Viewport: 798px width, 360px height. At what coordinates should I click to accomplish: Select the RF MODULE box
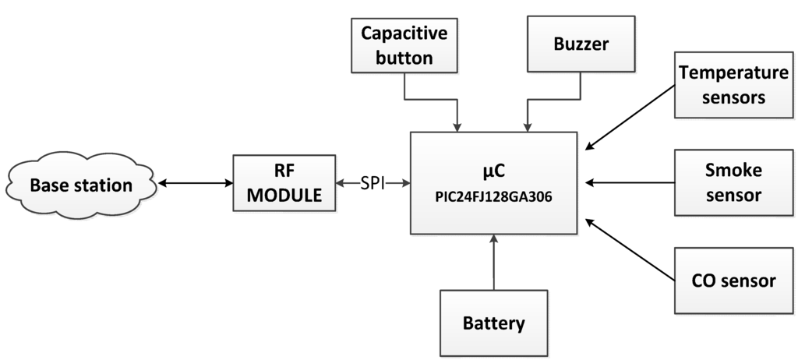(x=284, y=184)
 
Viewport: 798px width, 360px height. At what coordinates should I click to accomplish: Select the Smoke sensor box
(x=733, y=182)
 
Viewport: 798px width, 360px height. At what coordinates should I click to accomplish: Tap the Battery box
(x=494, y=322)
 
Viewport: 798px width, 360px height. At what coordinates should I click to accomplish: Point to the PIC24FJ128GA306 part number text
(x=493, y=197)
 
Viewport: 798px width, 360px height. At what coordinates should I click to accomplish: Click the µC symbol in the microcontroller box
(x=493, y=171)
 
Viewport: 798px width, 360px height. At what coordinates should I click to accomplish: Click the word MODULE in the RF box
(x=284, y=196)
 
